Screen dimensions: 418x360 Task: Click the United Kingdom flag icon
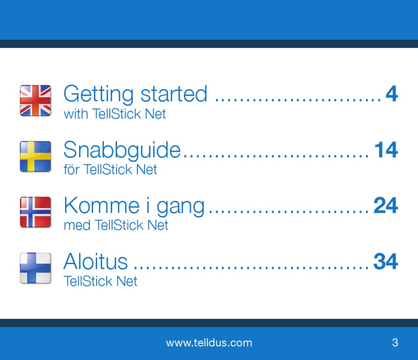click(x=36, y=100)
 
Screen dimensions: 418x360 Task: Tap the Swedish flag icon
click(x=36, y=157)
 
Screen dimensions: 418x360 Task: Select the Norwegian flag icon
click(x=36, y=212)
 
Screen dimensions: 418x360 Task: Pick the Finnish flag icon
click(x=36, y=268)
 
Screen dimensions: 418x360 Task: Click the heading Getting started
click(x=135, y=94)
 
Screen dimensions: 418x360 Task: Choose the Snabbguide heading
click(x=122, y=150)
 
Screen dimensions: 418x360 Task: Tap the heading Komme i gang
click(x=134, y=206)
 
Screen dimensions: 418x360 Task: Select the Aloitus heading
click(x=95, y=261)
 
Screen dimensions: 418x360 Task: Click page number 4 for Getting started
click(x=392, y=94)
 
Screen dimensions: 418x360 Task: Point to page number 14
click(x=386, y=150)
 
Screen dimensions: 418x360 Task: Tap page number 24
click(x=386, y=206)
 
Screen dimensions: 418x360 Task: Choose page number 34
click(x=386, y=261)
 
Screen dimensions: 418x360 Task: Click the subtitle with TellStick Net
click(x=115, y=114)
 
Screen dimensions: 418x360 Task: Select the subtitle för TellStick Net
click(x=110, y=169)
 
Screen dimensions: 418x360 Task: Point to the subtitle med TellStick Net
click(x=116, y=225)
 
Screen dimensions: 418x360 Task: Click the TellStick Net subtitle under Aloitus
click(x=100, y=281)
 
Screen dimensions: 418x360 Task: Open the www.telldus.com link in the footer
click(x=209, y=343)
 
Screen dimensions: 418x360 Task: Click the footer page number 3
click(x=395, y=342)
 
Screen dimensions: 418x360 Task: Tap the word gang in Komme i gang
click(x=180, y=207)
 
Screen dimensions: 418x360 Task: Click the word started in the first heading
click(x=174, y=94)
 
